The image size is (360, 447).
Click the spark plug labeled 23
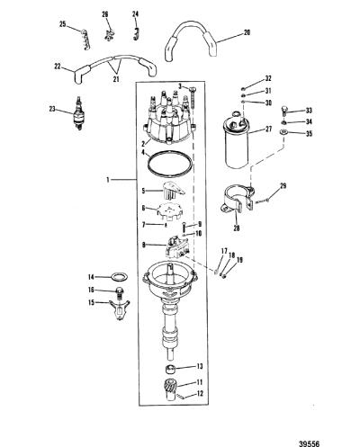(79, 114)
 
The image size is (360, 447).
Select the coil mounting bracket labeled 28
(237, 200)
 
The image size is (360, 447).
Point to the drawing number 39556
(309, 443)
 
